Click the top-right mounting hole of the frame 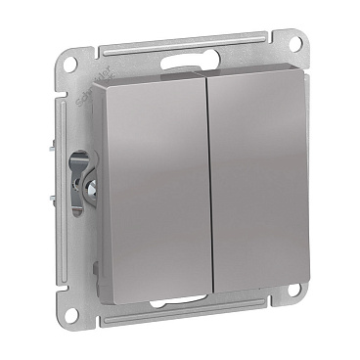point(290,42)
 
